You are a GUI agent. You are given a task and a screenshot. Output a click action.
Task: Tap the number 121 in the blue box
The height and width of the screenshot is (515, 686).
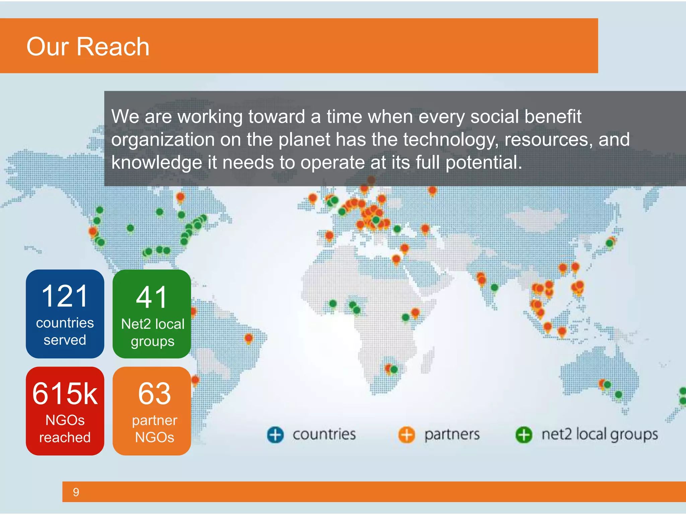[x=65, y=296]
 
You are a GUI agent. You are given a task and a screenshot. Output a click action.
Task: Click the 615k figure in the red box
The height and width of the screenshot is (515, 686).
[x=65, y=394]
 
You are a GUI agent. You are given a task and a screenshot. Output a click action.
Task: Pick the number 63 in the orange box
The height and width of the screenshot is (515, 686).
[x=154, y=394]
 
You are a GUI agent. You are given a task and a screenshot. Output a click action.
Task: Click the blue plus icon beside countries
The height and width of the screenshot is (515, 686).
[x=275, y=435]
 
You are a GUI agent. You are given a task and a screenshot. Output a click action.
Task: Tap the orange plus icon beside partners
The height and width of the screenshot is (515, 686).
[x=406, y=435]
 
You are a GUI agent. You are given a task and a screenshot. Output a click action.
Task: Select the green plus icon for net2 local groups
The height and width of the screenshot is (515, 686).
[x=524, y=435]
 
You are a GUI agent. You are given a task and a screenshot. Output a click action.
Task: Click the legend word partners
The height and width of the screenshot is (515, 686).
[x=452, y=435]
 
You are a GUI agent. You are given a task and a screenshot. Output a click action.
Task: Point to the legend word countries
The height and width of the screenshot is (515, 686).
[x=324, y=435]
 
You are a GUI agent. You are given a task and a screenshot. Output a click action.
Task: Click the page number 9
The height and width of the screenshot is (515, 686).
[x=76, y=492]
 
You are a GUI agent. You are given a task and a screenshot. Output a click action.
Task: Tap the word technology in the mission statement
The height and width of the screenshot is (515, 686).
[x=451, y=139]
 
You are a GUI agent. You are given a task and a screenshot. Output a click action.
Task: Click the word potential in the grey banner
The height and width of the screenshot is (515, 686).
[x=484, y=163]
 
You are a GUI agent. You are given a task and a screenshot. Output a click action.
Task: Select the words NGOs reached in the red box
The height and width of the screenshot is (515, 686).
[x=65, y=429]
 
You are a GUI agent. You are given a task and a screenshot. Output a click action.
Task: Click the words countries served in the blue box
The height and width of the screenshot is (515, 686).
[x=65, y=331]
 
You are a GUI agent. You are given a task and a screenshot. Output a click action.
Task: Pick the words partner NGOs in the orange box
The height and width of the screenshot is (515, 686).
[x=154, y=429]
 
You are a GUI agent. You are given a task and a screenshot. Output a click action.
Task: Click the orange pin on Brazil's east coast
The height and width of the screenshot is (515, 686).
[x=249, y=338]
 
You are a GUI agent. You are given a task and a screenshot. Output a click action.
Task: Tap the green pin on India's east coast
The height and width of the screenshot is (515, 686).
[x=494, y=287]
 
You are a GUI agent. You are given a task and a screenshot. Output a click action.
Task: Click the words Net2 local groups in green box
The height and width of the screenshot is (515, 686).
[x=152, y=333]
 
